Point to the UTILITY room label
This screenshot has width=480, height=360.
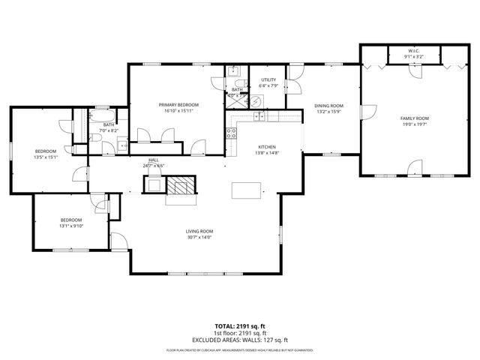pyautogui.click(x=269, y=79)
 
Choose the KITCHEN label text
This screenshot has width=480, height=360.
pyautogui.click(x=268, y=146)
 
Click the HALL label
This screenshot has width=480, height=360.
pyautogui.click(x=153, y=160)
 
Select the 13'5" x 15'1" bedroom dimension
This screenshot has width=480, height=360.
pyautogui.click(x=46, y=157)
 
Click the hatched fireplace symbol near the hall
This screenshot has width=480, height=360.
pyautogui.click(x=179, y=185)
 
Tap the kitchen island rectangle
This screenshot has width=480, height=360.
pyautogui.click(x=246, y=190)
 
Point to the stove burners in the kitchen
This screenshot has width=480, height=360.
pyautogui.click(x=232, y=135)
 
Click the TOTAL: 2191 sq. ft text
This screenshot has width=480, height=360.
pyautogui.click(x=240, y=326)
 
